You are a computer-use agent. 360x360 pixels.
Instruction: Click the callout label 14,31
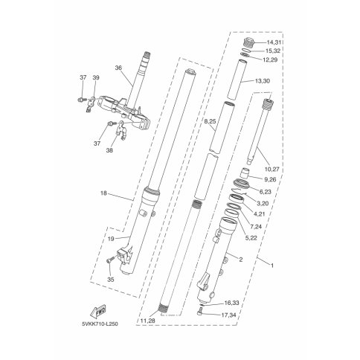[x=274, y=42]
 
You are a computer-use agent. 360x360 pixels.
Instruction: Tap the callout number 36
[x=118, y=68]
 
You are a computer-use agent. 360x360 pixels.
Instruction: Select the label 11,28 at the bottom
[x=147, y=321]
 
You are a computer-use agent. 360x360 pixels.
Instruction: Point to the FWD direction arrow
[x=98, y=310]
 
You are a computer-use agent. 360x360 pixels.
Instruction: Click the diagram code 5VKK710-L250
[x=100, y=324]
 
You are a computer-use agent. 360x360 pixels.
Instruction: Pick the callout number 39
[x=96, y=77]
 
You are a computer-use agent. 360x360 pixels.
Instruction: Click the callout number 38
[x=109, y=150]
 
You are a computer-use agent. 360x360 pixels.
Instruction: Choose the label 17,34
[x=228, y=315]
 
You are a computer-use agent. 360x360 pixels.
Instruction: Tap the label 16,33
[x=232, y=303]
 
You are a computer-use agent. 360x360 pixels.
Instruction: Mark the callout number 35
[x=111, y=280]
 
